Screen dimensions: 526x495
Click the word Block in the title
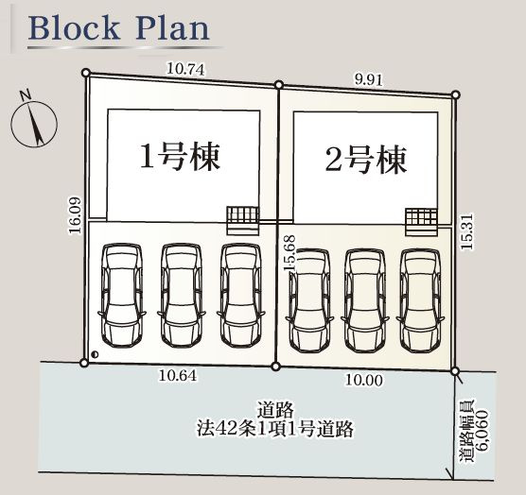(x=74, y=28)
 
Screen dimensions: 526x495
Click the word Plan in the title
(x=172, y=28)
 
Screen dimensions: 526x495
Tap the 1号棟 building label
(x=180, y=157)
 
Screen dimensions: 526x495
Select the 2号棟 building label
(x=366, y=160)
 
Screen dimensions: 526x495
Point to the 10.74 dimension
(x=185, y=69)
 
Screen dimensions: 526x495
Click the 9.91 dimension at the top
(x=368, y=79)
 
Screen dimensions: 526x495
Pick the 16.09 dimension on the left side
(x=75, y=214)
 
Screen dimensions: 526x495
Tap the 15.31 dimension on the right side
(x=467, y=231)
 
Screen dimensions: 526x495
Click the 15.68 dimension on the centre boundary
(x=289, y=252)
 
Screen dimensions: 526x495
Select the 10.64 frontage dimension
(x=178, y=375)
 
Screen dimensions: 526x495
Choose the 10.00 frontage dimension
(x=363, y=380)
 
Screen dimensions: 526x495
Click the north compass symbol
(x=34, y=123)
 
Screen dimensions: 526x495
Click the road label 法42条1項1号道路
(x=274, y=429)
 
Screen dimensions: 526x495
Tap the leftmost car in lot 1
(x=122, y=295)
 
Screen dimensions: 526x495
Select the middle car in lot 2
(x=365, y=300)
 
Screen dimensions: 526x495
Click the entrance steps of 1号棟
(x=243, y=220)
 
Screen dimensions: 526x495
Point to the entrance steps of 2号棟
(x=422, y=222)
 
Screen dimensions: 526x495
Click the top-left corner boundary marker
(x=86, y=73)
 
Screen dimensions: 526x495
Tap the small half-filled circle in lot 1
(x=95, y=353)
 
